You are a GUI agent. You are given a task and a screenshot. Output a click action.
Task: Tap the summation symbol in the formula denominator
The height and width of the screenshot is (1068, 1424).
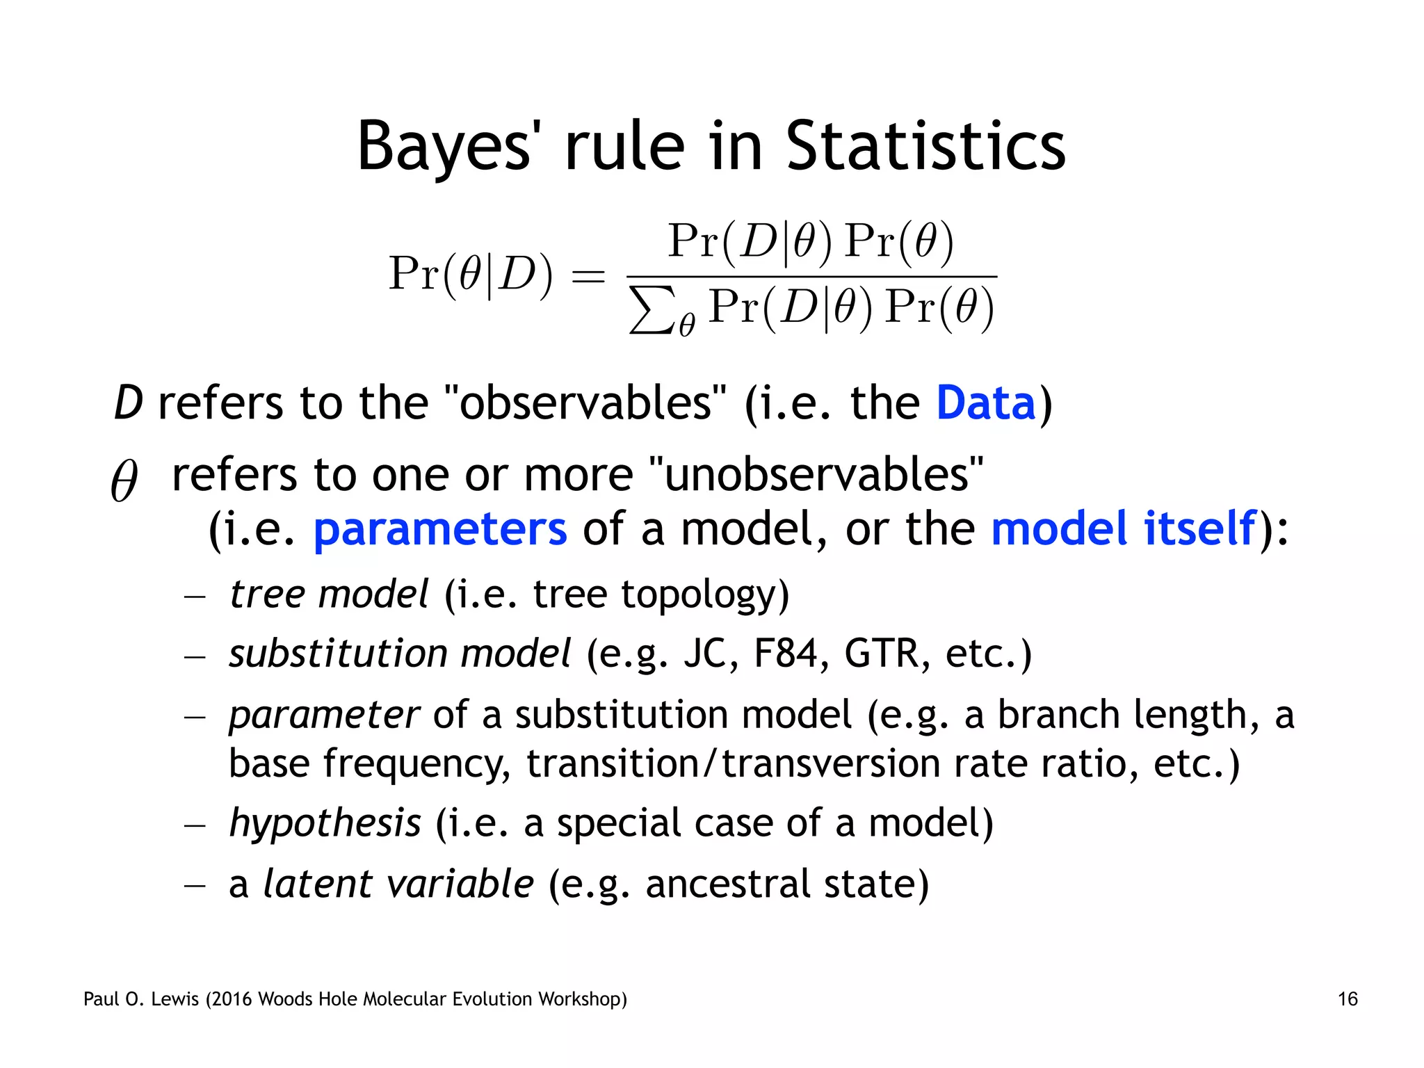coord(651,310)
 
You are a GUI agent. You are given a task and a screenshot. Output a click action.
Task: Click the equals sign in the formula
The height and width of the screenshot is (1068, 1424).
coord(588,276)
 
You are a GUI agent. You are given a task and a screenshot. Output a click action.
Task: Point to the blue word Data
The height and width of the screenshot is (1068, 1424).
coord(986,403)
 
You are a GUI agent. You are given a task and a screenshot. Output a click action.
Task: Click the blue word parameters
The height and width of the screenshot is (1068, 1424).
coord(440,529)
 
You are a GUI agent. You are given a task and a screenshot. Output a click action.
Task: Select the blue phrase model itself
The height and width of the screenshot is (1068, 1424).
coord(1124,529)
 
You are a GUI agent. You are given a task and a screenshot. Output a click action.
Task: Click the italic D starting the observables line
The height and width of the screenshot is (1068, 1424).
coord(128,403)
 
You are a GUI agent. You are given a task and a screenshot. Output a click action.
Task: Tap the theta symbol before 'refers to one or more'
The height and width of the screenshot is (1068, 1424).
coord(124,480)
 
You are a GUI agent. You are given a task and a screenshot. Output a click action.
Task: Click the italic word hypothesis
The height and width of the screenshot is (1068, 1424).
coord(325,823)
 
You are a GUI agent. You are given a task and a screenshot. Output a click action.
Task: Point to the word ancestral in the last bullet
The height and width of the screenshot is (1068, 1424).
coord(727,884)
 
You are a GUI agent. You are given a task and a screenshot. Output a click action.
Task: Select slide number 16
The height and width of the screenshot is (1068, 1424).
coord(1347,999)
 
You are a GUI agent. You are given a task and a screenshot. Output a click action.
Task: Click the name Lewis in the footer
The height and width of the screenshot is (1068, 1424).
coord(174,999)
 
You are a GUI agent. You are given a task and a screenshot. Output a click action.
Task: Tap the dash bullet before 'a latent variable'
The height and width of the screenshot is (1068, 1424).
coord(195,885)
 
